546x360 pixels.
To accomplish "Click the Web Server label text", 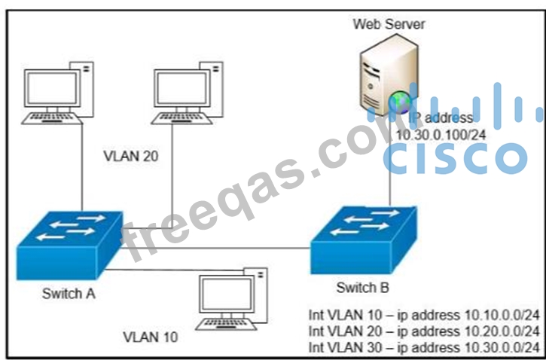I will coord(389,24).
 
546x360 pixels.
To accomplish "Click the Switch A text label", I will coord(68,294).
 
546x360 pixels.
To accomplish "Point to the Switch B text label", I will coord(362,287).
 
